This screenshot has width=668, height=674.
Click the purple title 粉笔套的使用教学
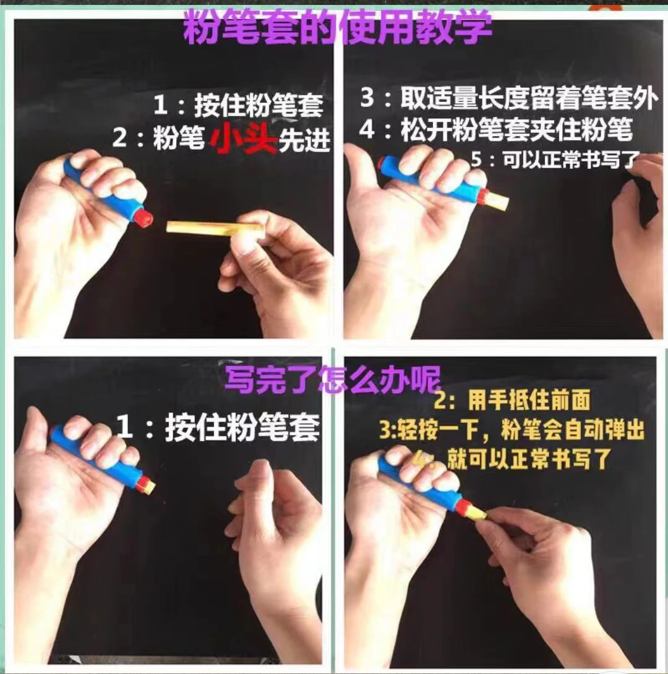tap(338, 27)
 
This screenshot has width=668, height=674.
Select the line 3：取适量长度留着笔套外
tap(509, 98)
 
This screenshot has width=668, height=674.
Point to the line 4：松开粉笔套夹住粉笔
tap(495, 129)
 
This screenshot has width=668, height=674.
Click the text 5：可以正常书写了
tap(555, 160)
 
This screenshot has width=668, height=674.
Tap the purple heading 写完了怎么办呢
tap(333, 379)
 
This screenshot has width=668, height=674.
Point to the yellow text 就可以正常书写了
tap(528, 459)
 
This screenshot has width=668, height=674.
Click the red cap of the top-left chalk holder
tap(142, 217)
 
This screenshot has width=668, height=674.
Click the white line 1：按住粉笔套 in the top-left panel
tap(238, 105)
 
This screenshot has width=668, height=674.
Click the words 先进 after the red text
tap(304, 140)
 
